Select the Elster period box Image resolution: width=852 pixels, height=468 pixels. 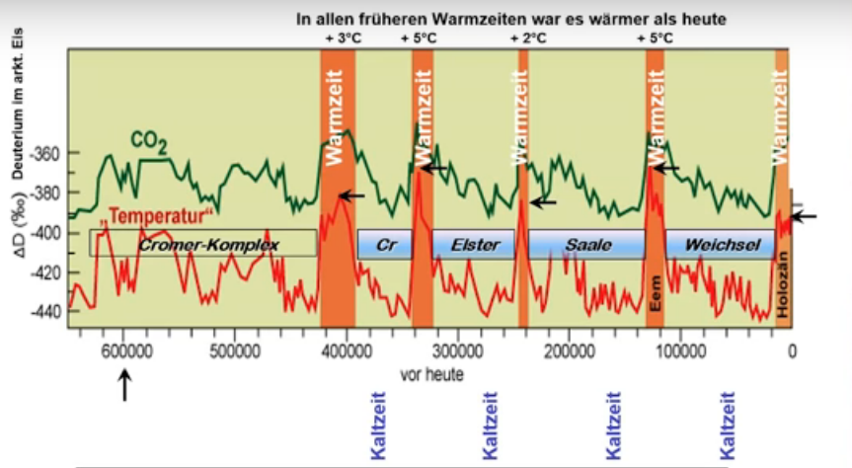[x=475, y=244]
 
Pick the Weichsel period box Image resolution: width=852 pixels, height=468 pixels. [x=719, y=244]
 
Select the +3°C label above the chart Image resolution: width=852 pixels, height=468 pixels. [x=341, y=39]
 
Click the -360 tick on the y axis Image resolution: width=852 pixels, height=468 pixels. [x=45, y=154]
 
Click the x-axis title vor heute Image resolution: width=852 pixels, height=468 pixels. [x=431, y=374]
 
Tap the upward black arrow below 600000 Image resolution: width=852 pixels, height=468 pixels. [x=124, y=385]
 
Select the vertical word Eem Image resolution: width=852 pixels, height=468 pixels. [x=655, y=293]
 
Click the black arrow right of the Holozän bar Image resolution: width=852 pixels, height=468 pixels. [x=805, y=216]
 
